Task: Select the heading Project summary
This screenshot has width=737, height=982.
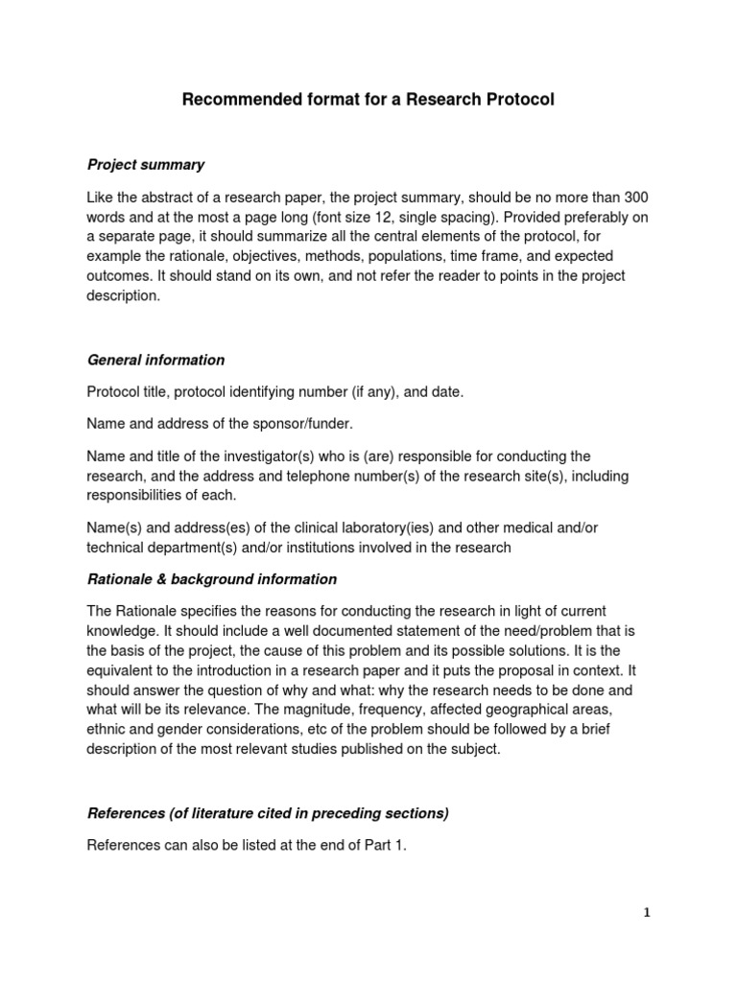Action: point(146,165)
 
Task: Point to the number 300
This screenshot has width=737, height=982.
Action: point(636,197)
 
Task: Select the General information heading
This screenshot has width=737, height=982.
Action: point(156,361)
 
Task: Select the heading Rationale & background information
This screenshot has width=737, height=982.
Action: point(212,579)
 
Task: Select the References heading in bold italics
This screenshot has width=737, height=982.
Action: point(268,814)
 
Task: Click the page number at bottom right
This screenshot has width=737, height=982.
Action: point(647,913)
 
